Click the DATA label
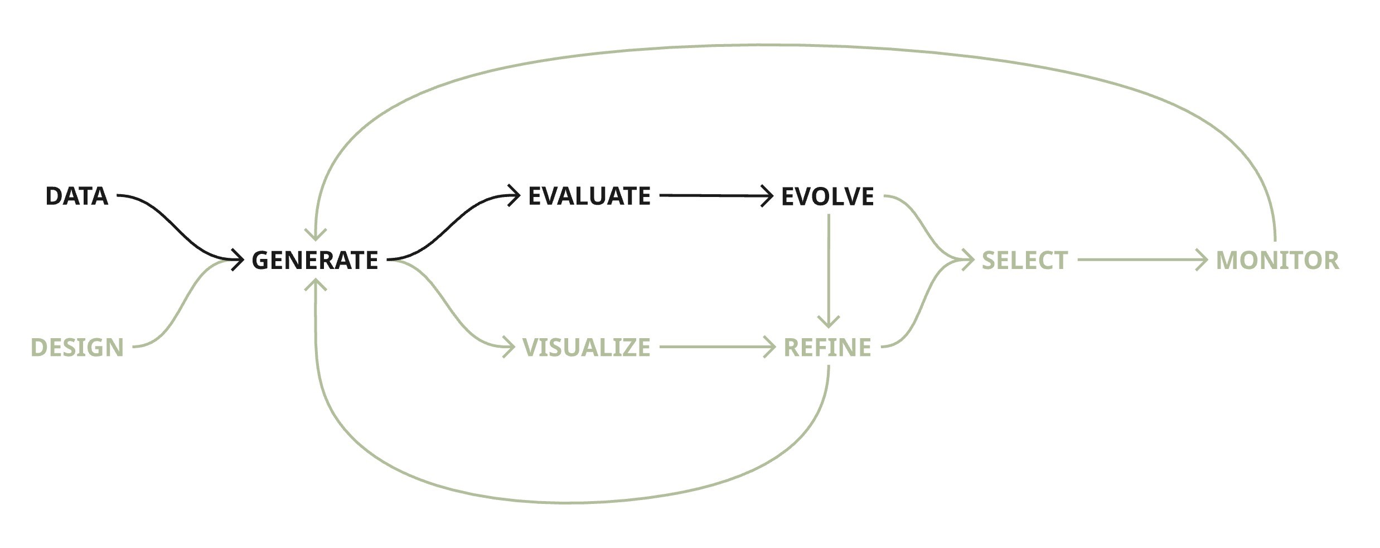76,196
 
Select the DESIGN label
77,347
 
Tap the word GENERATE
315,260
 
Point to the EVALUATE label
589,196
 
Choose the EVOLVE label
827,196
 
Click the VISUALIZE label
587,347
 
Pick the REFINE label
827,347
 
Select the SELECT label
1025,260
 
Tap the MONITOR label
1277,260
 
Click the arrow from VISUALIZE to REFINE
714,347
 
